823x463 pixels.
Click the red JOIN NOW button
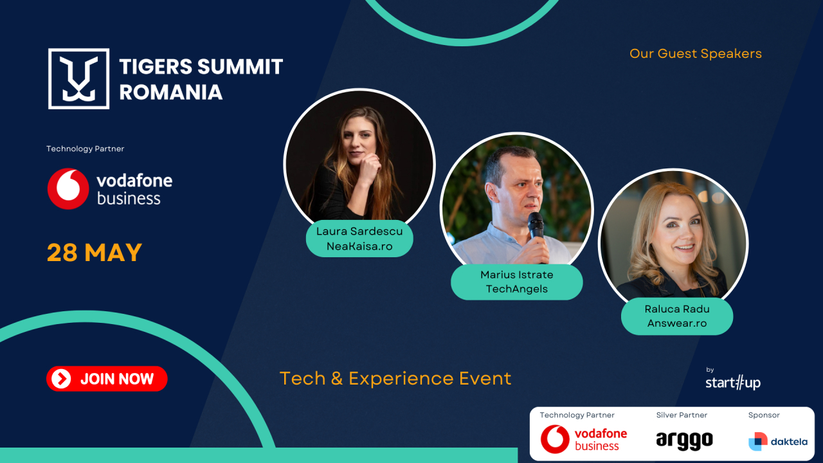coord(107,379)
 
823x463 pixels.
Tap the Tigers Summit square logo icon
coord(78,78)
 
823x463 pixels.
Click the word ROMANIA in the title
coord(170,92)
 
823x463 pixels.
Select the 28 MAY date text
coord(95,253)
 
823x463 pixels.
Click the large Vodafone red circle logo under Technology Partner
coord(68,188)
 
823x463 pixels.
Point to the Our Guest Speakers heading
coord(695,53)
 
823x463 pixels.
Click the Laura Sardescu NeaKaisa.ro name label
coord(359,239)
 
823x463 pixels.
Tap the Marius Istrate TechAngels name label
coord(516,282)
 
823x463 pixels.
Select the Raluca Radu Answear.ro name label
coord(676,316)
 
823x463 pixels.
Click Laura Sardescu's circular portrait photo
coord(359,161)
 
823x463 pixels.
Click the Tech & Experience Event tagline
coord(395,378)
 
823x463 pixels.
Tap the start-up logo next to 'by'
coord(732,383)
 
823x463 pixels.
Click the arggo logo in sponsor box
coord(684,440)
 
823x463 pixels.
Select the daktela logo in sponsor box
coord(777,442)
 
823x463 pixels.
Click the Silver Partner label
coord(682,415)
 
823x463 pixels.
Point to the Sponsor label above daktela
coord(764,415)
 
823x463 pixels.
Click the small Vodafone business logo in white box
coord(583,439)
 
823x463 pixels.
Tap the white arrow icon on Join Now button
coord(61,379)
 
